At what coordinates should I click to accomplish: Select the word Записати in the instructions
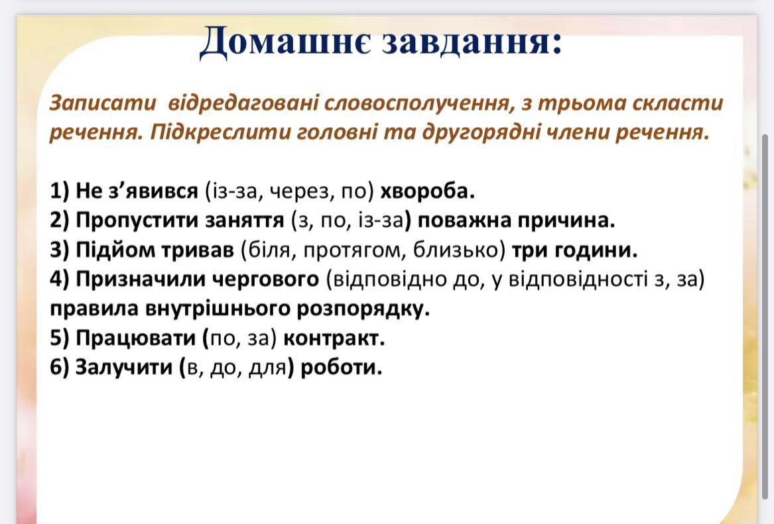click(x=103, y=103)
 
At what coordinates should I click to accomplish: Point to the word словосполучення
click(x=417, y=103)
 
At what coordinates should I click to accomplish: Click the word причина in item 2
click(x=566, y=221)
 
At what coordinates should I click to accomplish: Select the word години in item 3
click(x=596, y=250)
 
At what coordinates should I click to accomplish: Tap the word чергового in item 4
click(x=265, y=280)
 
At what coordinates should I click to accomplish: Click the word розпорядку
click(x=363, y=309)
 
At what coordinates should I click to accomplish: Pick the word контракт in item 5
click(x=334, y=338)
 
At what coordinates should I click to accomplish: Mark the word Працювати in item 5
click(x=136, y=338)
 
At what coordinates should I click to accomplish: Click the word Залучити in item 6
click(x=123, y=367)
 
